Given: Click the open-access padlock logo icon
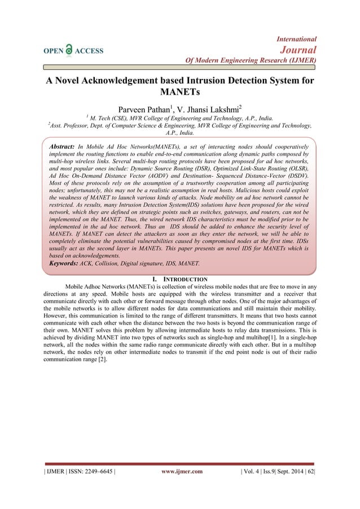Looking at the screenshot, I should click(x=69, y=50).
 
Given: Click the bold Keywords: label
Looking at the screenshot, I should click(x=64, y=263).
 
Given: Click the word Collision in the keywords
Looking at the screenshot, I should click(x=106, y=263).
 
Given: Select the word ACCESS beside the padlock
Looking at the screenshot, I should click(x=90, y=51).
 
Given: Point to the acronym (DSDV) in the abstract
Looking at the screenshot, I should click(x=300, y=176).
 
